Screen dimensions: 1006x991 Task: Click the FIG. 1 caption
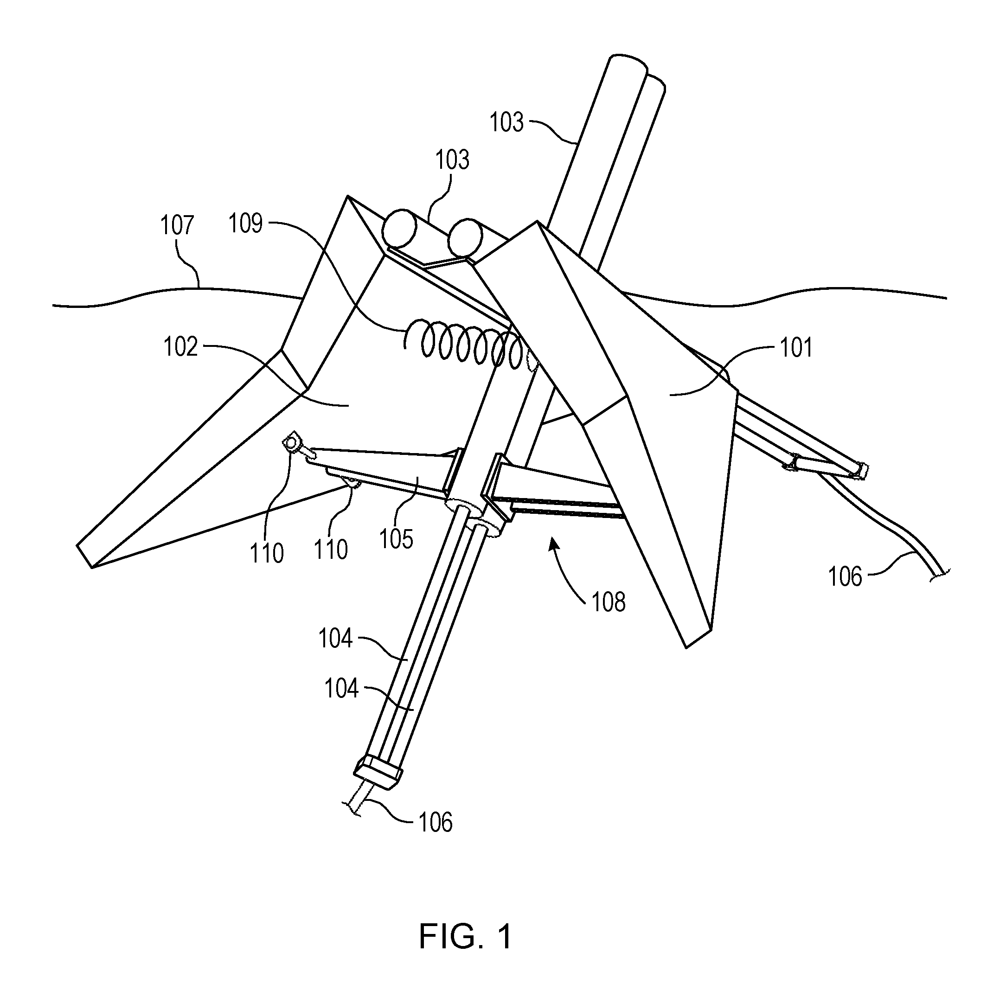(x=466, y=936)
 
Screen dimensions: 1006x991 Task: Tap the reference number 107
(x=177, y=225)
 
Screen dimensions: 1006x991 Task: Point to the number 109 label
(x=246, y=224)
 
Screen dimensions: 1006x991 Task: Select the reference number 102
(x=180, y=347)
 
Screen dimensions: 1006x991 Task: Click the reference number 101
(x=796, y=348)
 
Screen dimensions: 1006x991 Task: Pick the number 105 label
(x=396, y=539)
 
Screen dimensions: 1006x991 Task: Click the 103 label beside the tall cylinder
(x=506, y=123)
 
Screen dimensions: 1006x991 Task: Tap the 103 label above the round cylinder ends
(x=452, y=160)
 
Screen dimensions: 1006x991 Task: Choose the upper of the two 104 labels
(x=336, y=638)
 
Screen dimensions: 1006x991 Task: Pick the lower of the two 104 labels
(x=341, y=689)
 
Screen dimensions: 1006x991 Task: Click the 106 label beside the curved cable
(x=845, y=577)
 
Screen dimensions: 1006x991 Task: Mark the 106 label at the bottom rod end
(x=436, y=822)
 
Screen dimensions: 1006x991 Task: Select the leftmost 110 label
(x=267, y=553)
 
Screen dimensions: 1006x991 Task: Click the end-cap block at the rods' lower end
(x=378, y=773)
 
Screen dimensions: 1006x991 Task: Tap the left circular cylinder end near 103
(x=400, y=228)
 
